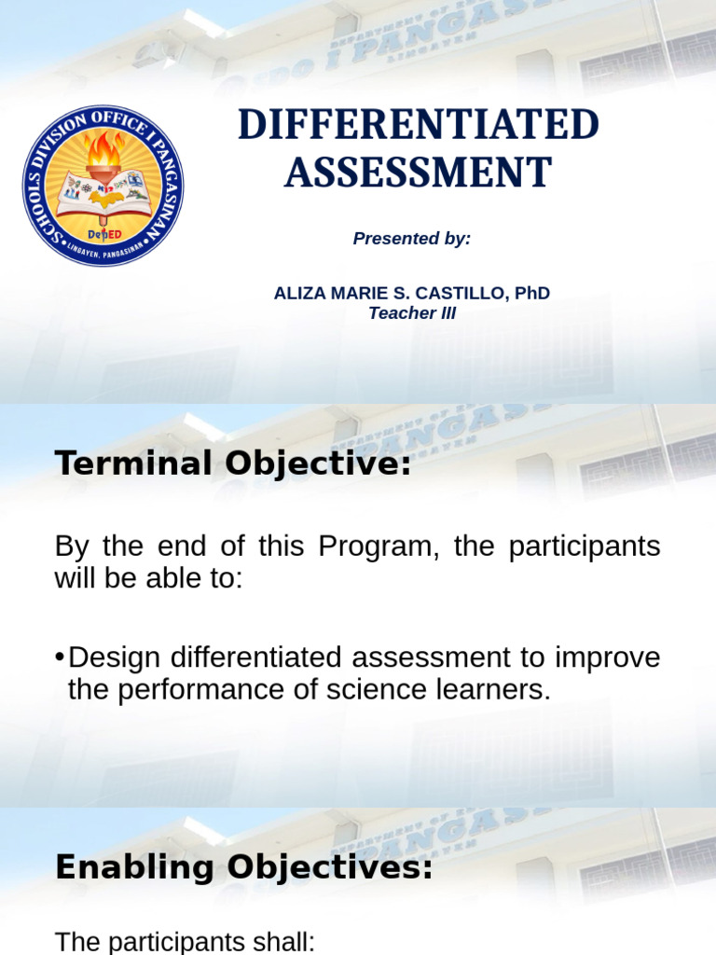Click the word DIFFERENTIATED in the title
tap(418, 126)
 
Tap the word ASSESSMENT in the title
tap(418, 173)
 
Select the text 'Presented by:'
tap(412, 239)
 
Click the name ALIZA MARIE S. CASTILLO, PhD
tap(411, 293)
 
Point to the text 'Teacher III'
tap(412, 313)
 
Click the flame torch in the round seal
tap(103, 153)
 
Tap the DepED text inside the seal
tap(103, 233)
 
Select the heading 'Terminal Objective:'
tap(233, 464)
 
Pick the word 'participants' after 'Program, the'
tap(584, 547)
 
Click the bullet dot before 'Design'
tap(60, 657)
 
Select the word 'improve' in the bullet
tap(606, 657)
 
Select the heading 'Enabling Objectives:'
tap(244, 868)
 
